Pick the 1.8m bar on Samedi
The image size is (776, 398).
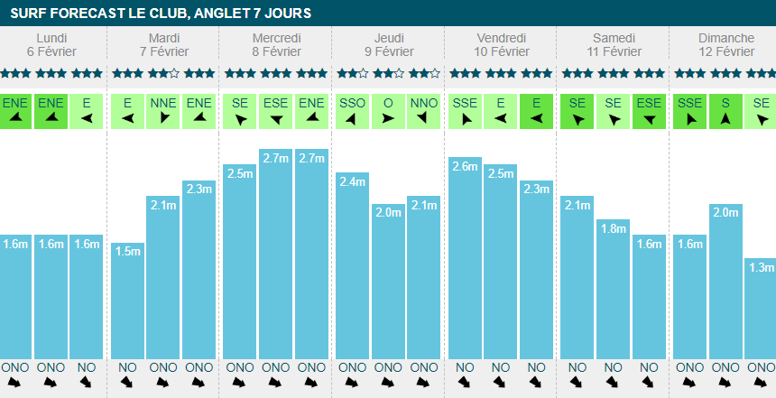[613, 288]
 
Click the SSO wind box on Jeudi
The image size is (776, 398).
[352, 111]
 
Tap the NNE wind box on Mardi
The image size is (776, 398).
[163, 111]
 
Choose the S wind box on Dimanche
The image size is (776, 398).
[725, 111]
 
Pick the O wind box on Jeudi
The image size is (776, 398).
[388, 111]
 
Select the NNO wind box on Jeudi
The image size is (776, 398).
[423, 111]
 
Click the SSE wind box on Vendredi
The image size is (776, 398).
[465, 111]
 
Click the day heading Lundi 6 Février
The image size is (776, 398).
[51, 44]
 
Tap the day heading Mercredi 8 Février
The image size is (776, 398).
[276, 44]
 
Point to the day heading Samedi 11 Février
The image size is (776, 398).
[614, 44]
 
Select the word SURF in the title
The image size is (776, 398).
[27, 14]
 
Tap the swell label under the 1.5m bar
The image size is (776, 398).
[127, 367]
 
